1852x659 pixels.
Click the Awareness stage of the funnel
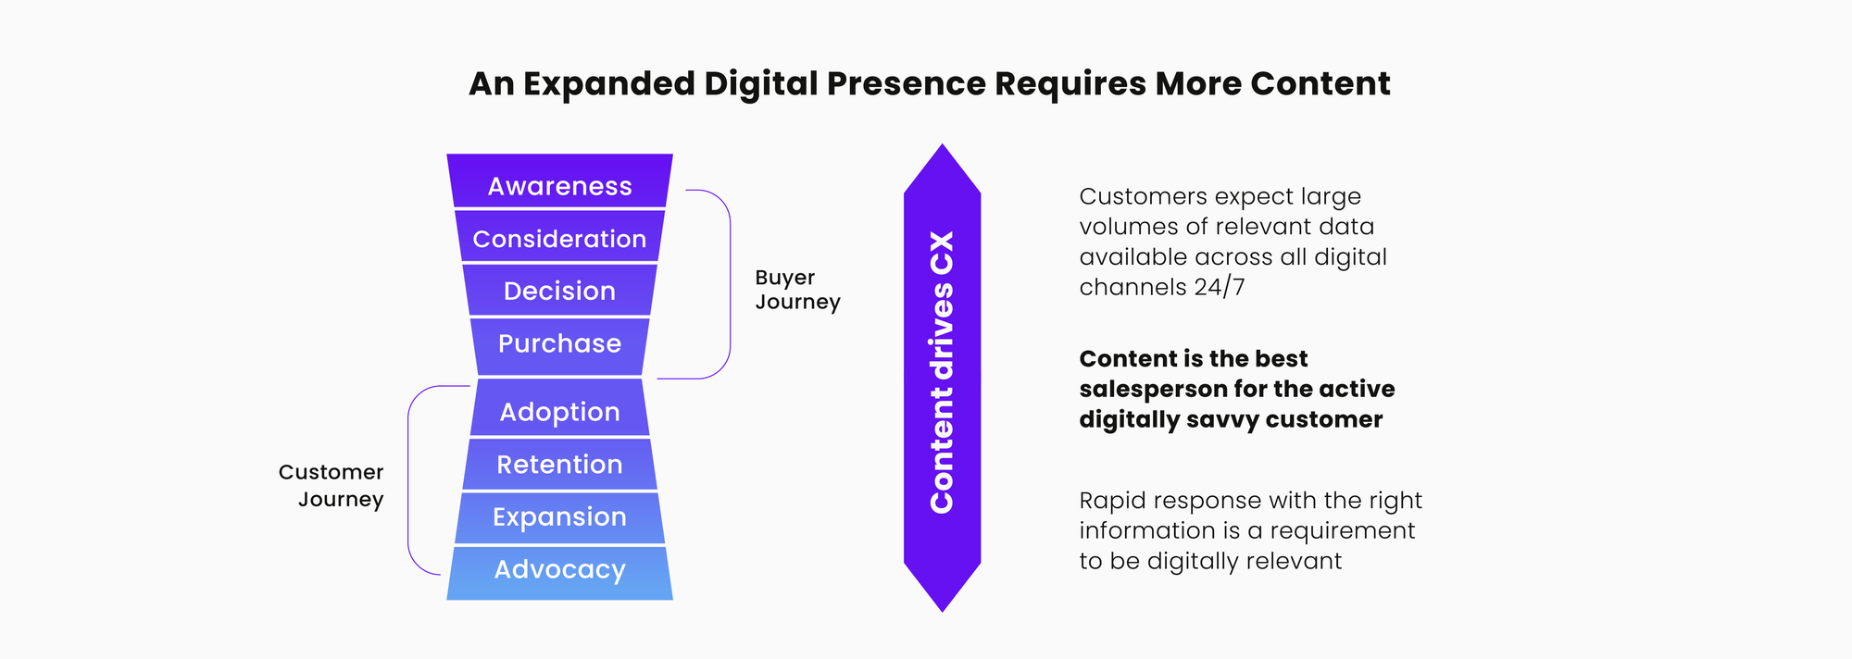point(559,186)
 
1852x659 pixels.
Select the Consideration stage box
point(559,239)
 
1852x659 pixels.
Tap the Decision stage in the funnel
point(559,291)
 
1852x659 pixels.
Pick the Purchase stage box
point(559,343)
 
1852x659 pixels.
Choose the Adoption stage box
point(559,412)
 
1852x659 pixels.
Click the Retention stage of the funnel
point(559,464)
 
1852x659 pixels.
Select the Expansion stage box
point(559,516)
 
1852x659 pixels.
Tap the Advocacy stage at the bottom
point(559,569)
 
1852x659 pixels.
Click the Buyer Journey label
point(797,290)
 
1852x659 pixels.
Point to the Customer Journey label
point(331,485)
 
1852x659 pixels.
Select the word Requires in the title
point(1070,84)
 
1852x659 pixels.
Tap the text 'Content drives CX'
point(942,372)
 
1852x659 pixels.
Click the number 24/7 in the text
point(1219,287)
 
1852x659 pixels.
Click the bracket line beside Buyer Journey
point(730,284)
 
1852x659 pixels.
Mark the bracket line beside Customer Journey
point(408,479)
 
